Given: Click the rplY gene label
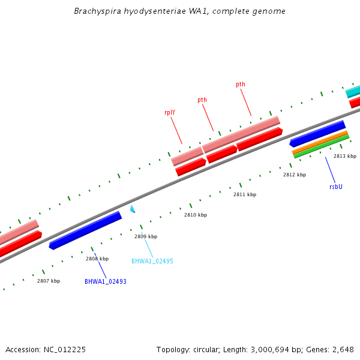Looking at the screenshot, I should coord(170,112).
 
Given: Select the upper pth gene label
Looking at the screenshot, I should coord(240,85).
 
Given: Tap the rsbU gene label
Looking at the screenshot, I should coord(336,187).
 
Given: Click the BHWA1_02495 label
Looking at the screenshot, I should coord(152,261).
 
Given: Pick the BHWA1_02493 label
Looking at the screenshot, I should coord(106,281).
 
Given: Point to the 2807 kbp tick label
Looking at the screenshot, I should coord(49,281).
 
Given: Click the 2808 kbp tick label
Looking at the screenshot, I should coord(97,259).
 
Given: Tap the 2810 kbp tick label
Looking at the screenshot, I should coord(196,215).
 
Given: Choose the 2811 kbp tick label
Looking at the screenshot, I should coord(245,194).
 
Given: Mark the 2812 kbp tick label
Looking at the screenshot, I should coord(295,175).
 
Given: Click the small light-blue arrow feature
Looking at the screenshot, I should coord(133,209).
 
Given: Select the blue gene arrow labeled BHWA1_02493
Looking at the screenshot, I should coord(85,230).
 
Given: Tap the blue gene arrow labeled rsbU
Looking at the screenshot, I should coord(317,134).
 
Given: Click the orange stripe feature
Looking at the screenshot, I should coord(320,142).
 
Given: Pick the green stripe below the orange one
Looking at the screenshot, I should coord(322,146).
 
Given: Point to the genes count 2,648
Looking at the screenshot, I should coord(341,349).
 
